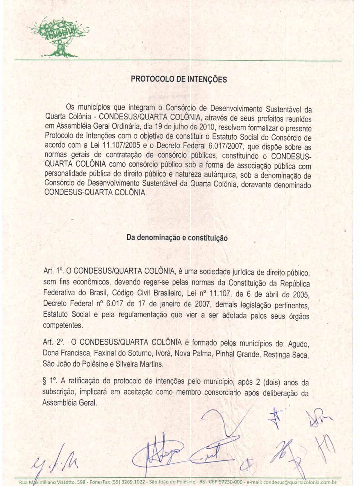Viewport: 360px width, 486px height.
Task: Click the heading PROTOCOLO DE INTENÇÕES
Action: coord(178,79)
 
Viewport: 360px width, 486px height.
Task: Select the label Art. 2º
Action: coord(52,343)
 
